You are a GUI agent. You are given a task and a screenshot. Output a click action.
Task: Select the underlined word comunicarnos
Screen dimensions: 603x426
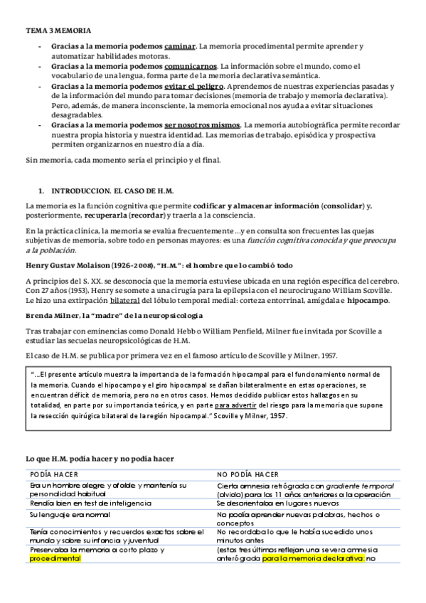(x=191, y=65)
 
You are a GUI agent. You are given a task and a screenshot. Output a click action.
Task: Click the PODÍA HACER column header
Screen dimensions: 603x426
(x=54, y=473)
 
